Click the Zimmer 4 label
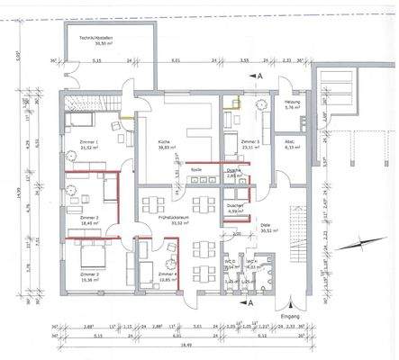click(x=165, y=273)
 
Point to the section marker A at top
click(x=259, y=79)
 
